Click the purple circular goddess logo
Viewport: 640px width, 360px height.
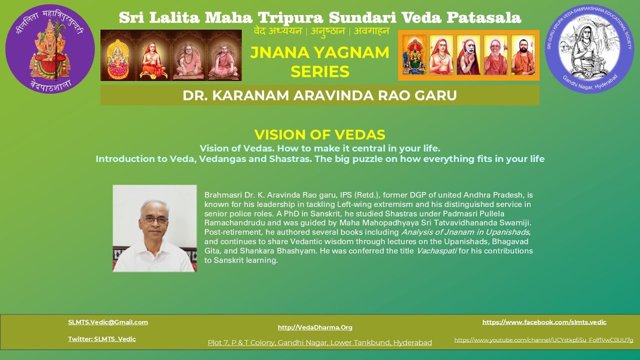(x=50, y=49)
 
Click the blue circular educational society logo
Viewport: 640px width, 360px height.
(x=589, y=49)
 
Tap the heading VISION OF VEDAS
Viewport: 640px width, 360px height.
(x=319, y=134)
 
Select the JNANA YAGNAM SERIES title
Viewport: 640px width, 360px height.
(x=319, y=62)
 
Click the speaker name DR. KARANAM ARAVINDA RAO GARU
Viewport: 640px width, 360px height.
(x=319, y=95)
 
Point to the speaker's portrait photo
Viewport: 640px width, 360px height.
(x=154, y=228)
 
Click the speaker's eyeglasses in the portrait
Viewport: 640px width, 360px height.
(x=154, y=219)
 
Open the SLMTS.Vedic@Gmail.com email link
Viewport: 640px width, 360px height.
(x=108, y=322)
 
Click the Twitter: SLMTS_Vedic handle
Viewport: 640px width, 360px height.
(x=102, y=339)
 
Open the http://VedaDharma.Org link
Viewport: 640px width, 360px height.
(x=315, y=327)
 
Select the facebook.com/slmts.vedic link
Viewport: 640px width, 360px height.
(x=544, y=322)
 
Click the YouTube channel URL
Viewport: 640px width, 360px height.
(x=543, y=340)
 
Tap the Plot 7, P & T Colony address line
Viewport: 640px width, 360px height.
(x=319, y=342)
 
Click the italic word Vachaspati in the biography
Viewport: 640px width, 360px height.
(x=436, y=251)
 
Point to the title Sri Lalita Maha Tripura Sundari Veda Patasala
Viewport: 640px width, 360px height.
(x=320, y=17)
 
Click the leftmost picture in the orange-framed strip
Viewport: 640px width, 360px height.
(x=414, y=55)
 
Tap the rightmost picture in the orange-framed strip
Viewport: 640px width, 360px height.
(x=523, y=55)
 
